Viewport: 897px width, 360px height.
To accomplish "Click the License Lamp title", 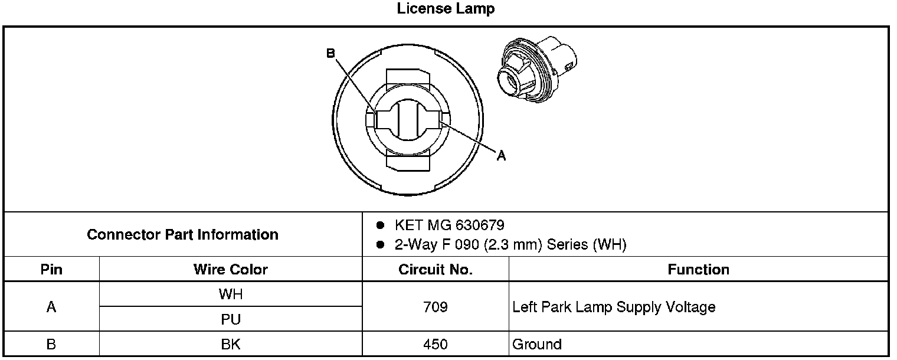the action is (446, 9).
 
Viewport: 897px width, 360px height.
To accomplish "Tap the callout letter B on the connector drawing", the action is (330, 53).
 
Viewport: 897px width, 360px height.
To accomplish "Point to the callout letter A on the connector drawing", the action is (501, 155).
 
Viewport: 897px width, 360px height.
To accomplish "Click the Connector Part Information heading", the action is (182, 235).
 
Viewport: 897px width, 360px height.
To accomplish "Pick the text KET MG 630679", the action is (449, 225).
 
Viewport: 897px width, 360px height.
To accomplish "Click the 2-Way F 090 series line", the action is (510, 244).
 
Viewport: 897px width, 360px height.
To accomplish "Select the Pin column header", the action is (51, 270).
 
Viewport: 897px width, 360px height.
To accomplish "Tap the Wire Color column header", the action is (231, 270).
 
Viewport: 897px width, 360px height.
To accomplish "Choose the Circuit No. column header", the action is (436, 270).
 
